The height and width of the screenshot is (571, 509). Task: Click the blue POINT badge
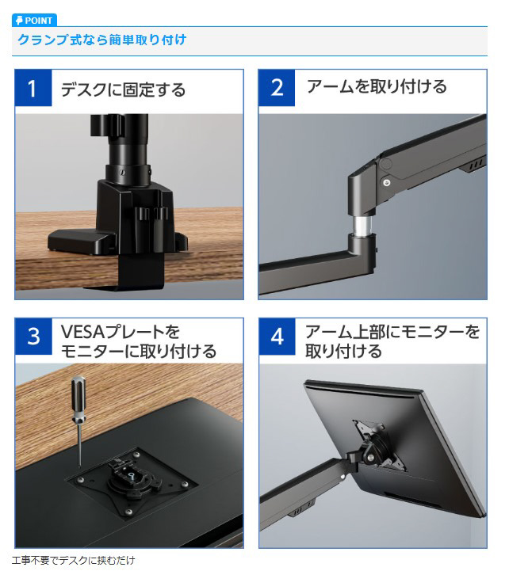34,20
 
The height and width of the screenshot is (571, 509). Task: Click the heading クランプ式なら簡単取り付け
102,40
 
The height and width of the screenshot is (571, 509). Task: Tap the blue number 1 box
33,88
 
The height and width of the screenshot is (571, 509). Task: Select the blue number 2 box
277,88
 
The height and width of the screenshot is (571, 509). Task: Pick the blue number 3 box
33,336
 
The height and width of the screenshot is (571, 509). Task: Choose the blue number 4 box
277,336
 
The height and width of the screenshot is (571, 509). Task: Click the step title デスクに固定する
123,89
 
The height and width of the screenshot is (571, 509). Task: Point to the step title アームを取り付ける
377,86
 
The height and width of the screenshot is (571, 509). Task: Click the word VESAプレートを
121,331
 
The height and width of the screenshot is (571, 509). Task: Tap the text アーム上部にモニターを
392,331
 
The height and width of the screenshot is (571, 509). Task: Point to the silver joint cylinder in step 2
363,226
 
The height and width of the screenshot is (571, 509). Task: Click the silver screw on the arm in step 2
386,182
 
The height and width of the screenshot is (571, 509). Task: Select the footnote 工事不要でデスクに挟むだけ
73,560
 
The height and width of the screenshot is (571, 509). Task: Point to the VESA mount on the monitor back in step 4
379,446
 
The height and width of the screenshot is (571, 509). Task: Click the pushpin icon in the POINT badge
19,21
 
